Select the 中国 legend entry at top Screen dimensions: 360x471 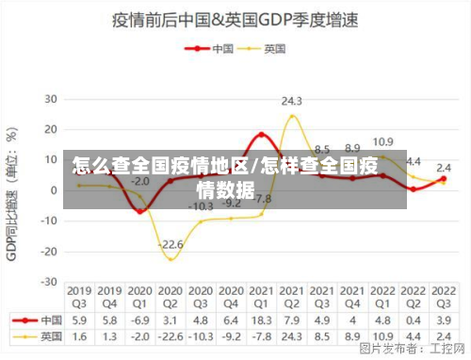[211, 47]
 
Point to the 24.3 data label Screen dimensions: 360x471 [291, 100]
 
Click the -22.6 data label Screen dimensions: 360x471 [171, 245]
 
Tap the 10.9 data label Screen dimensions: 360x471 [382, 142]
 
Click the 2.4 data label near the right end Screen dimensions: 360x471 [443, 168]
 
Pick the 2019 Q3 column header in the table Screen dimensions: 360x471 [79, 297]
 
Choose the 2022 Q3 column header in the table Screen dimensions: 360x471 [443, 297]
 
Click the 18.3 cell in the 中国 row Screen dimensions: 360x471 [261, 319]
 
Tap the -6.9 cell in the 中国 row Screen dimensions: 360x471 [139, 319]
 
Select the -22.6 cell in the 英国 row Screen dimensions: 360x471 [171, 335]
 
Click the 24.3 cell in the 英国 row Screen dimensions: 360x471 [291, 335]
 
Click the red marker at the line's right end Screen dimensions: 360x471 [443, 179]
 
